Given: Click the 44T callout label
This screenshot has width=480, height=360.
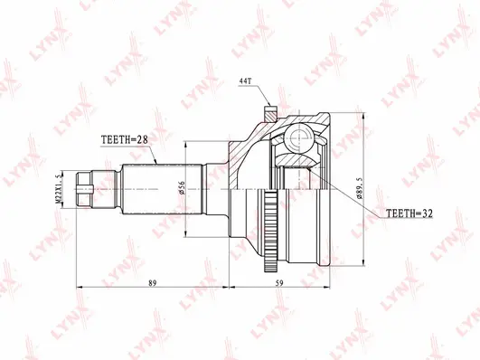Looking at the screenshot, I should click(x=246, y=81).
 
